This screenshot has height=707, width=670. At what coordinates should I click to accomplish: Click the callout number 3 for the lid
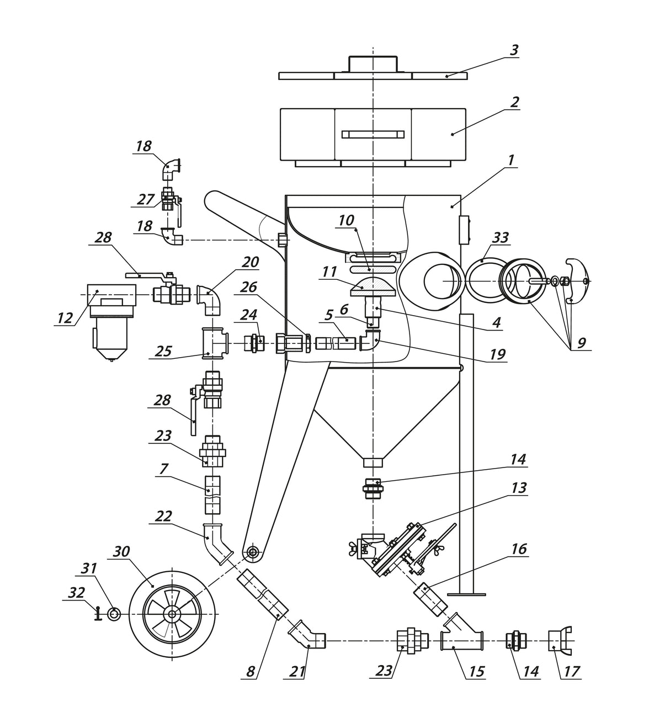(514, 50)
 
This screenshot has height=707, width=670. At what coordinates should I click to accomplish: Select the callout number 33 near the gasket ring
(500, 238)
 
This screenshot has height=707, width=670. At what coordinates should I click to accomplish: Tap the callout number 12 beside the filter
(65, 318)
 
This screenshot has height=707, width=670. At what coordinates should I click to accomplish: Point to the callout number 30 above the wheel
(121, 551)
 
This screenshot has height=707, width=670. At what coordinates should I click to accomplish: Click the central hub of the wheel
(172, 614)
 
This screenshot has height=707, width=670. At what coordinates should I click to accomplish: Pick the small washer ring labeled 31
(114, 614)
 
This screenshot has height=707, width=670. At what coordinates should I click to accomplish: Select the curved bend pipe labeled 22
(216, 544)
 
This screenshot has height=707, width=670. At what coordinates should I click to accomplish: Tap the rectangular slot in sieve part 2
(373, 134)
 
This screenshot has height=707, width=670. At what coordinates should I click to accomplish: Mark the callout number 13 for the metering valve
(519, 488)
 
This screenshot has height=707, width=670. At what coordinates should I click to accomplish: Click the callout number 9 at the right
(581, 343)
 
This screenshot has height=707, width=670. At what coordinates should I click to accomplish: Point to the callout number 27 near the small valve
(145, 199)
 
